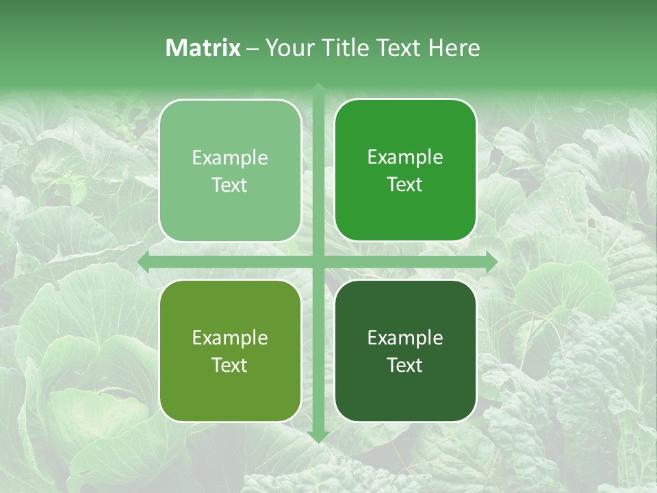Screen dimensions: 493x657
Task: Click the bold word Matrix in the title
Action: [x=203, y=48]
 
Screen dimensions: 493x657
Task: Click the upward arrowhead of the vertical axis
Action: [x=318, y=88]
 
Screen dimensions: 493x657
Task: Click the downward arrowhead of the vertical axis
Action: [x=318, y=437]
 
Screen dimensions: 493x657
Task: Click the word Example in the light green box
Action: [x=230, y=158]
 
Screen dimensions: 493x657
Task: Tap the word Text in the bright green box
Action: [x=405, y=185]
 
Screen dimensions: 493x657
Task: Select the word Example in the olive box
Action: [x=230, y=338]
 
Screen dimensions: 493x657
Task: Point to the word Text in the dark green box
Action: [x=405, y=365]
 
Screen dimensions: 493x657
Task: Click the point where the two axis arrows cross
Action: [x=318, y=262]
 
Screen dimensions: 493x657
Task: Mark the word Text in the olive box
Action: [x=230, y=365]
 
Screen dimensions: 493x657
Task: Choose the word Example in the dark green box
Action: [x=405, y=338]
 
